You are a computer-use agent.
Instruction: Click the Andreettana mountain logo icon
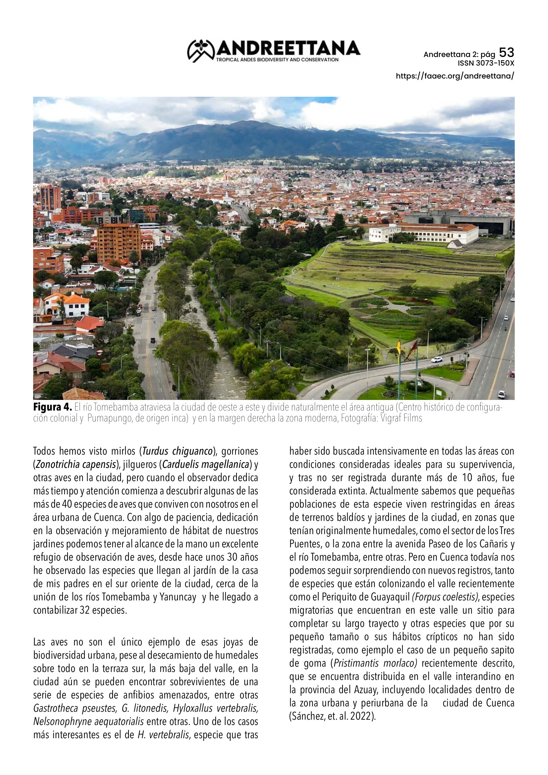click(x=201, y=51)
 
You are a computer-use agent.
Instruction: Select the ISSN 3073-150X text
click(x=486, y=63)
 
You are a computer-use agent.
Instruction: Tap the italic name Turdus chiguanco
click(x=178, y=451)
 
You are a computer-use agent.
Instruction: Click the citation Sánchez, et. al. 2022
click(x=332, y=716)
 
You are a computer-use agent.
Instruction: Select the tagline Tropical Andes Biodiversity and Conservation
click(x=277, y=60)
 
